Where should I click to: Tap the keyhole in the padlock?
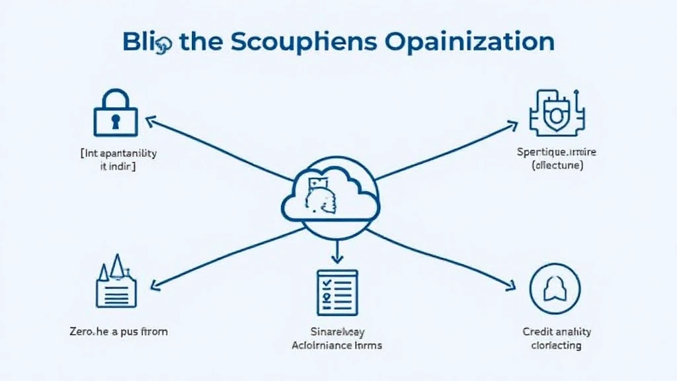pyautogui.click(x=116, y=121)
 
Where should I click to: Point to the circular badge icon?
pyautogui.click(x=555, y=288)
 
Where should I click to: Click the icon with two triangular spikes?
pyautogui.click(x=116, y=282)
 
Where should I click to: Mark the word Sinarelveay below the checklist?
pyautogui.click(x=337, y=331)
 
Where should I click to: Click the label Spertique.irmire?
pyautogui.click(x=556, y=152)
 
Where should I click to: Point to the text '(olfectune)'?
pyautogui.click(x=557, y=166)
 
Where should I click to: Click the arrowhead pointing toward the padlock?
pyautogui.click(x=149, y=120)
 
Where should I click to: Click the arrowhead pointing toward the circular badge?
pyautogui.click(x=510, y=286)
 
